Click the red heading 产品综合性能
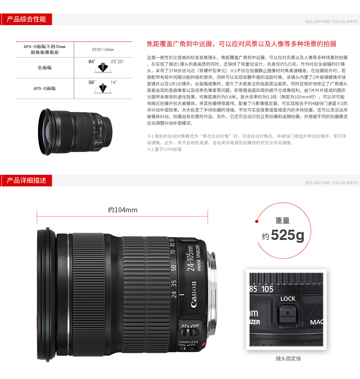point(27,19)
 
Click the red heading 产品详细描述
point(27,180)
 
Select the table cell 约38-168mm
point(103,50)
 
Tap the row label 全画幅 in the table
point(45,68)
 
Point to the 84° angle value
point(92,62)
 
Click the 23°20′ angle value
point(117,62)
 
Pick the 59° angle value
point(92,82)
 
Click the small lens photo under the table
point(75,132)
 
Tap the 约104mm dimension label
point(123,210)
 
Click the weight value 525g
point(288,235)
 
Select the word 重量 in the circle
point(283,220)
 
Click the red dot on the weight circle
point(257,221)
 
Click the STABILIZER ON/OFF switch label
point(188,343)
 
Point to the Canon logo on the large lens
point(194,295)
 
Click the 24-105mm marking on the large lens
point(191,258)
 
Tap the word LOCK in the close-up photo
point(288,299)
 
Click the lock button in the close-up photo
point(288,314)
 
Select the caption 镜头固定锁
point(288,359)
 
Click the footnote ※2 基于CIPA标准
point(164,149)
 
